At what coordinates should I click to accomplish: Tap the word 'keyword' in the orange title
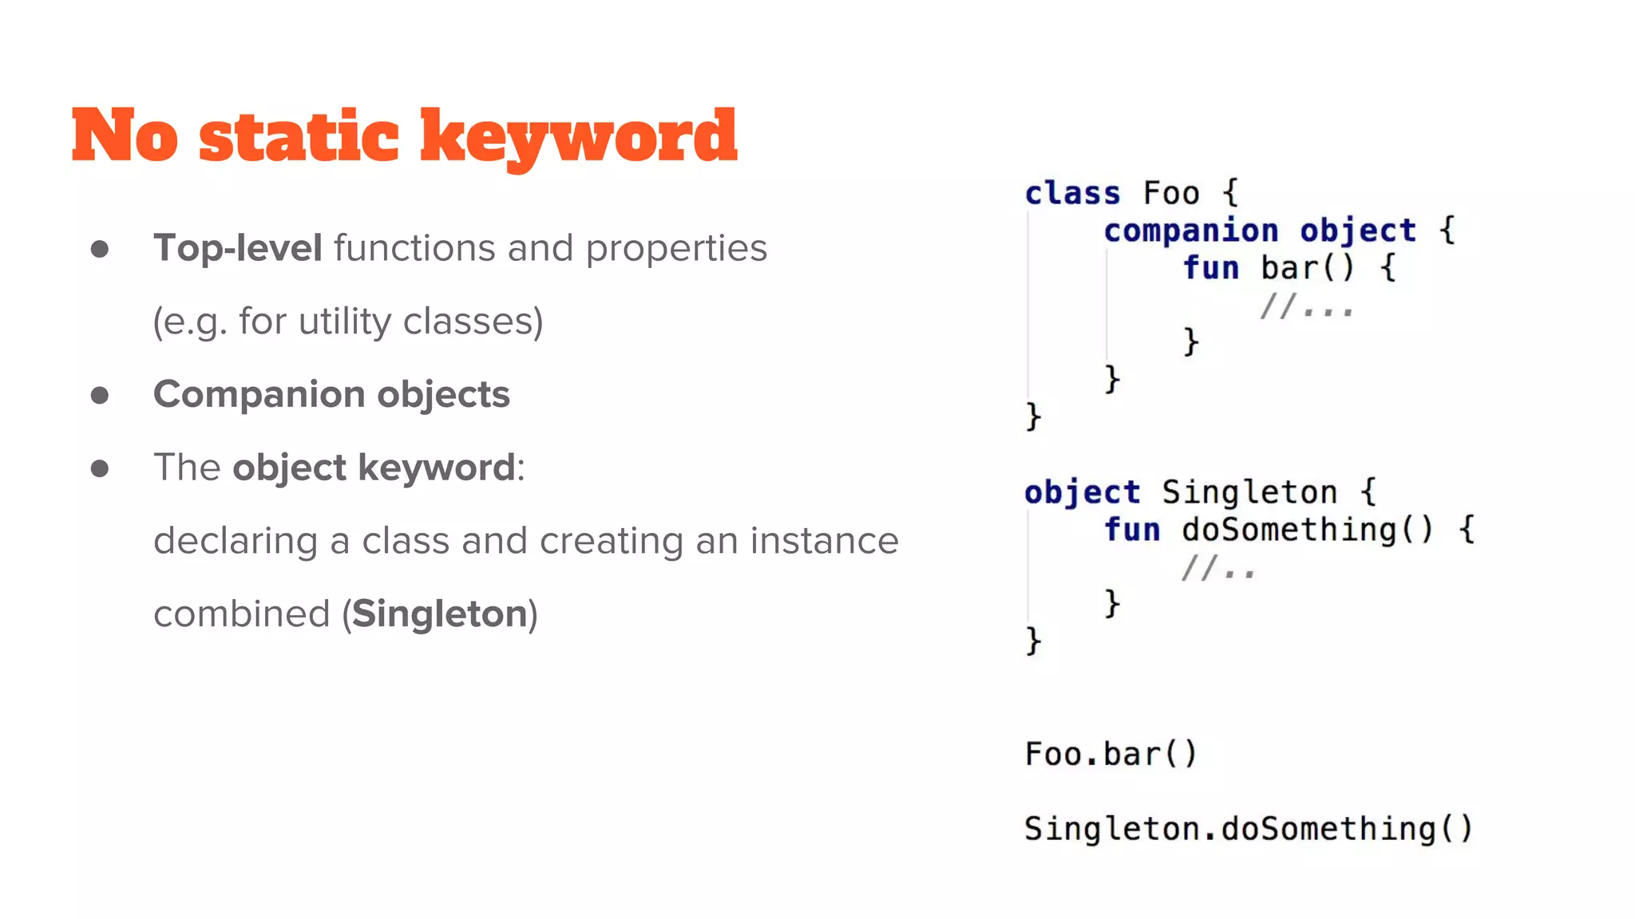tap(578, 136)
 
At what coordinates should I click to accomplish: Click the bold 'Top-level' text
tap(237, 247)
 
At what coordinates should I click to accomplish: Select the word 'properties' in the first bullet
tap(675, 249)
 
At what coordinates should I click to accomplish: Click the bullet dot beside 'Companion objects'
tap(100, 395)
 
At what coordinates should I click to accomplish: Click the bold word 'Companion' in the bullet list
tap(259, 394)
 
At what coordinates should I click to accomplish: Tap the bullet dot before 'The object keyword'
tap(100, 468)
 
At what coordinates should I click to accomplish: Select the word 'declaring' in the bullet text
tap(236, 542)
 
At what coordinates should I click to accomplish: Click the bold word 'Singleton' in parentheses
tap(439, 613)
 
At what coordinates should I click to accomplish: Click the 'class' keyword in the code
tap(1072, 193)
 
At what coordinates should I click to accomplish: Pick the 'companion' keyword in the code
tap(1190, 231)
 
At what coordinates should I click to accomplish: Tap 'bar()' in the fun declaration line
tap(1307, 267)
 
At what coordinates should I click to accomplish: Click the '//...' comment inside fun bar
tap(1306, 306)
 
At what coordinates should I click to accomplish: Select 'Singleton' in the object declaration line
tap(1249, 492)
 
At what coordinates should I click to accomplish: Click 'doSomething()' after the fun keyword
tap(1307, 530)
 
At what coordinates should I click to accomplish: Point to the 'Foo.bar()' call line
tap(1110, 754)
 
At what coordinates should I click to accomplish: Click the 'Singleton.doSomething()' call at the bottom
tap(1248, 829)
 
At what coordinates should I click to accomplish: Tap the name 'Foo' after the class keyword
tap(1170, 193)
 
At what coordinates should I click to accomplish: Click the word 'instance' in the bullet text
tap(823, 541)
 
